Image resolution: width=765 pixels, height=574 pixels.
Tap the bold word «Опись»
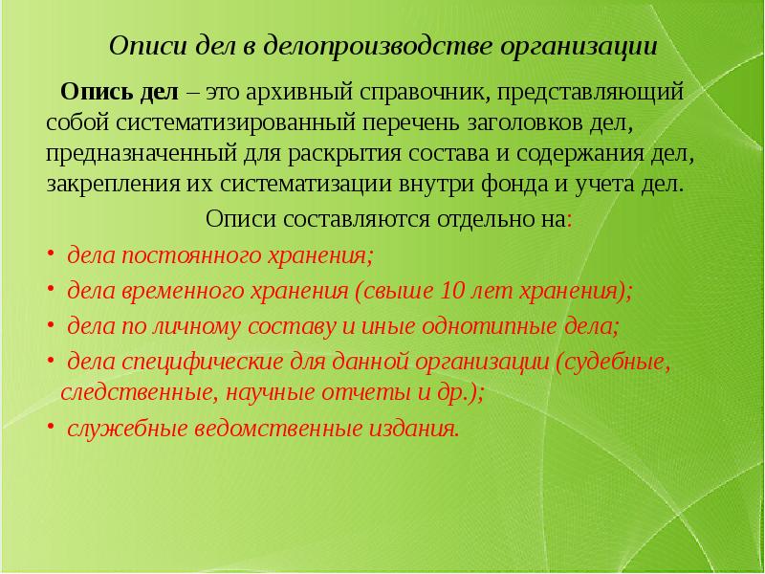[91, 94]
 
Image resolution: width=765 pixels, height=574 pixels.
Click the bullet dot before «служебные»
[52, 427]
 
